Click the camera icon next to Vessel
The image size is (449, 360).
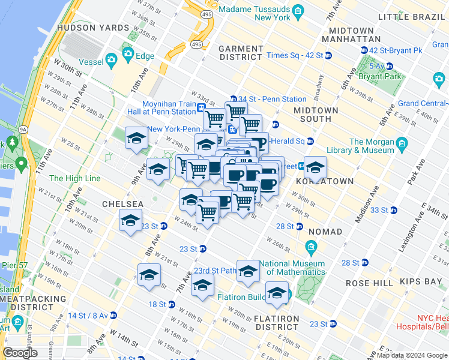(x=111, y=59)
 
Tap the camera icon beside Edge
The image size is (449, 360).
(x=128, y=54)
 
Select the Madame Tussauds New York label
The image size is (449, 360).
(x=255, y=13)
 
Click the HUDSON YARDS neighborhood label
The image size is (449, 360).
(x=93, y=28)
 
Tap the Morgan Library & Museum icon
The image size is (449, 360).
(x=402, y=143)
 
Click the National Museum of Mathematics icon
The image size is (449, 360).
(x=311, y=247)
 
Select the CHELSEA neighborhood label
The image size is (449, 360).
(x=122, y=204)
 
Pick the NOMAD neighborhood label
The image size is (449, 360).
(x=325, y=232)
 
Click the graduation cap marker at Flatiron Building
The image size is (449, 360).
(x=277, y=293)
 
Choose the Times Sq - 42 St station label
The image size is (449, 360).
(x=294, y=55)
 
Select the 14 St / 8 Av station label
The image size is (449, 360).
(x=88, y=316)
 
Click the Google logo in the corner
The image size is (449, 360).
(x=20, y=353)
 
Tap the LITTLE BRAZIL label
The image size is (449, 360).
(x=411, y=16)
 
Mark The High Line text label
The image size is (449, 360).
(x=74, y=178)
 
